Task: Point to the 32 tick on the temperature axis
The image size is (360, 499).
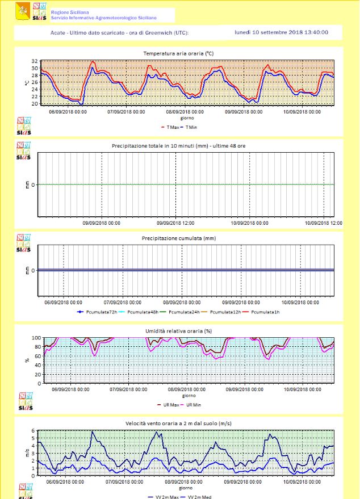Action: pos(35,61)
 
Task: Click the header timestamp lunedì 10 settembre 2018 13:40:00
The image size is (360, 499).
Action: pos(281,32)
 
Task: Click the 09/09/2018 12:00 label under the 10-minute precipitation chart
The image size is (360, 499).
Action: pos(176,223)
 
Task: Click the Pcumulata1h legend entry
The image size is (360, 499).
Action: pos(266,312)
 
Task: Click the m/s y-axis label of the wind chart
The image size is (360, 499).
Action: pos(27,452)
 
